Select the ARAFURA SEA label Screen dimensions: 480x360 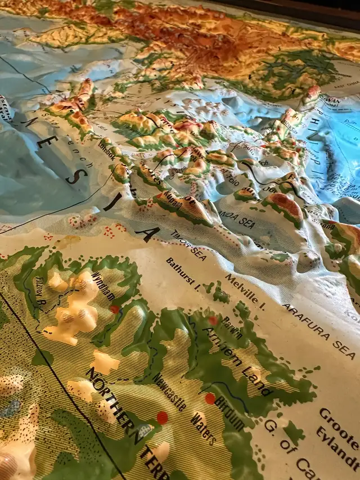[318, 331]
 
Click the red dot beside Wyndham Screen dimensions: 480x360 [115, 309]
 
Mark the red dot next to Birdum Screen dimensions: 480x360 [210, 398]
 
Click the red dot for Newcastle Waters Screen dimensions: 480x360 [162, 418]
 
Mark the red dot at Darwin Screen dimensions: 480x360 [213, 320]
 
